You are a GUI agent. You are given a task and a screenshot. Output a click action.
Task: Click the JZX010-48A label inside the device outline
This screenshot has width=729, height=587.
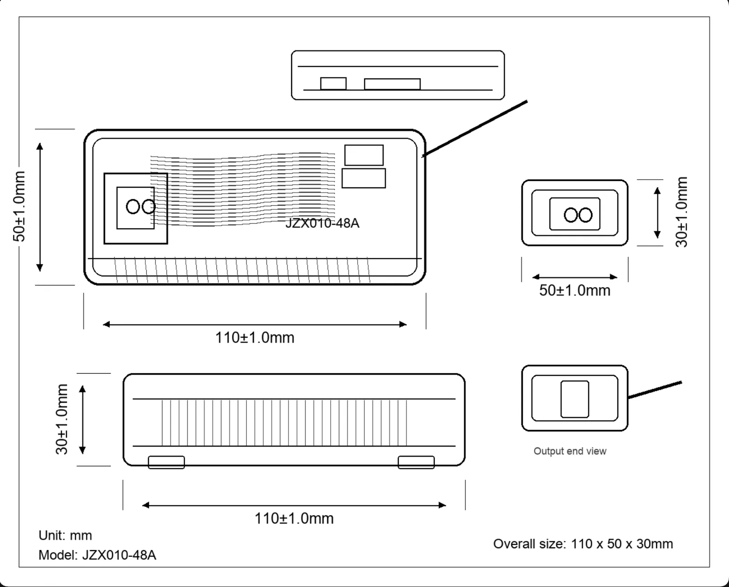(322, 223)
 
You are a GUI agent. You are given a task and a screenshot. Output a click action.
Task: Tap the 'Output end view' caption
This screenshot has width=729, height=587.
(570, 451)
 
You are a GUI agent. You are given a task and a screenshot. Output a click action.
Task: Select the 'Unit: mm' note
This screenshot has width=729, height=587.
(65, 536)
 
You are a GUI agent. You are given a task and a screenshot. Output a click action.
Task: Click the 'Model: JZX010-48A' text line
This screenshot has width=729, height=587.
(97, 555)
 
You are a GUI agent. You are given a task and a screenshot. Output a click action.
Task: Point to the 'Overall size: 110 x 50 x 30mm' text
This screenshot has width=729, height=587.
(583, 544)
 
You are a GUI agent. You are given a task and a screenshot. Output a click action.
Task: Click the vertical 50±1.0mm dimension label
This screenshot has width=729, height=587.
(19, 206)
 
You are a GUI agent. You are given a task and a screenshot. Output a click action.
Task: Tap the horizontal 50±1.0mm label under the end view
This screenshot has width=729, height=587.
(575, 290)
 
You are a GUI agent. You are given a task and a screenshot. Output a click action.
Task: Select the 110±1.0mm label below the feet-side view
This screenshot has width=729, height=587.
(294, 519)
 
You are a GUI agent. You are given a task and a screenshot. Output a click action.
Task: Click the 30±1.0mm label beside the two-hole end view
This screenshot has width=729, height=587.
(682, 212)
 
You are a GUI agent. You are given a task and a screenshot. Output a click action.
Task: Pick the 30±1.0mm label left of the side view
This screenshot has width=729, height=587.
(62, 419)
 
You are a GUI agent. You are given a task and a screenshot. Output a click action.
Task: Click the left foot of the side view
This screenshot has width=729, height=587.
(166, 462)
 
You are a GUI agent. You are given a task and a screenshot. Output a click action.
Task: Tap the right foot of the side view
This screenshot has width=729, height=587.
(416, 462)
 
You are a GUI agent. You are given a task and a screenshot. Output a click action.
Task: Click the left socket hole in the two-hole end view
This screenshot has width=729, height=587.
(571, 215)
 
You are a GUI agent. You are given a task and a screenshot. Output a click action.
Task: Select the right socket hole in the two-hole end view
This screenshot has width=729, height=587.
(585, 215)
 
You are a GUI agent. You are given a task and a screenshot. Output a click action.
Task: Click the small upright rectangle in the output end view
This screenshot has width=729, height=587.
(575, 399)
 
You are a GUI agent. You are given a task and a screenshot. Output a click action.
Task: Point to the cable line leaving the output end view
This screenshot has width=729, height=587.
(655, 390)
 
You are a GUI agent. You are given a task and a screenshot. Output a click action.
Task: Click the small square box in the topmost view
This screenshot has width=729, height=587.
(334, 84)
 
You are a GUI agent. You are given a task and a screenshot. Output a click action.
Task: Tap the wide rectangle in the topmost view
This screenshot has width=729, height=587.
(392, 84)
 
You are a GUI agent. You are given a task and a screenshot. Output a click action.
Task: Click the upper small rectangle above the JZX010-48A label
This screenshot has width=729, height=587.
(364, 155)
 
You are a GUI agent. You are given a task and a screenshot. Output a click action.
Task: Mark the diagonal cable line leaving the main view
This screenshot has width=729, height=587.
(475, 129)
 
